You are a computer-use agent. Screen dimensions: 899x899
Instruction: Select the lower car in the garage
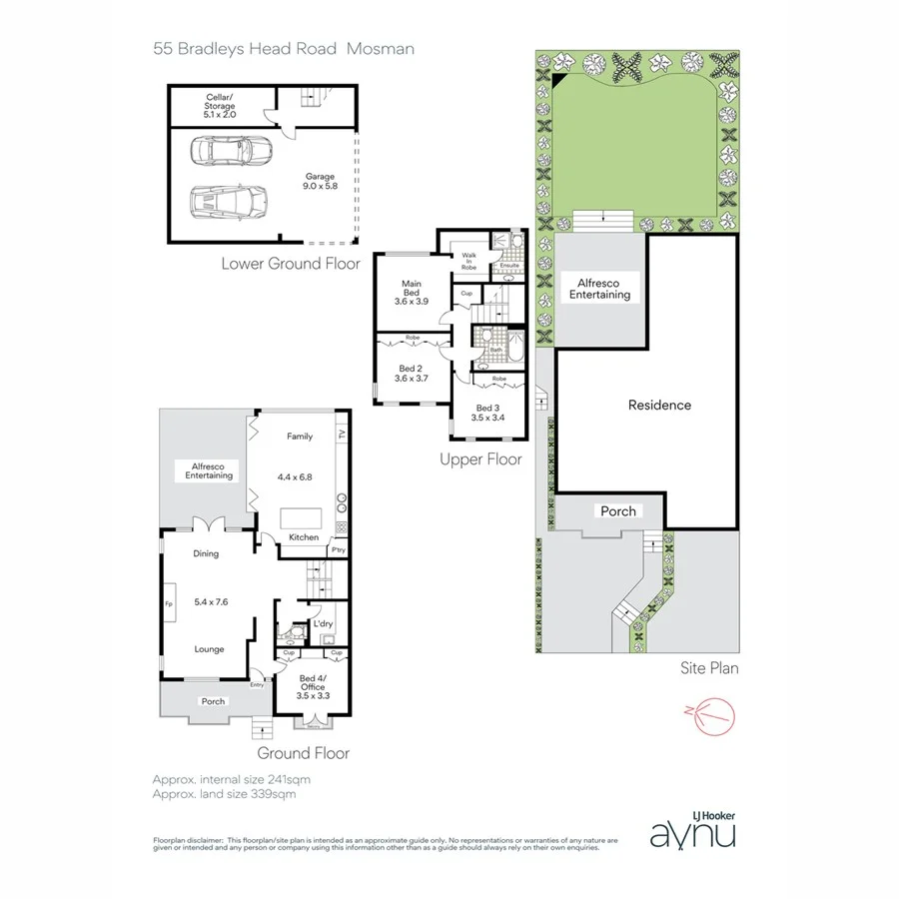[231, 203]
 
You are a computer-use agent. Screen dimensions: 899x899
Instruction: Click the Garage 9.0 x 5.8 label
[320, 182]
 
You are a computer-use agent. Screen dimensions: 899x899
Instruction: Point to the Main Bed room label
[411, 292]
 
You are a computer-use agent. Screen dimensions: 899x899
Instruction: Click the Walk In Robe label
[468, 262]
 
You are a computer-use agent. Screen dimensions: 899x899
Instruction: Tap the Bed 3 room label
[486, 413]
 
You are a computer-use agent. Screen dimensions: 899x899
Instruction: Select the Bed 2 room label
[411, 374]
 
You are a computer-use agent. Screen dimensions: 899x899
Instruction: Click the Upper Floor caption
[480, 460]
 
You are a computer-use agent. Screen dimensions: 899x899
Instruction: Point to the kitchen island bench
[303, 518]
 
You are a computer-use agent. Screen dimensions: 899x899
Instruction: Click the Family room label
[300, 437]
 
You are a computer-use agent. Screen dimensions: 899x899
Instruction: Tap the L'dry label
[323, 624]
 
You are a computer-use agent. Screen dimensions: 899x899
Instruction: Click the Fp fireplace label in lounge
[169, 603]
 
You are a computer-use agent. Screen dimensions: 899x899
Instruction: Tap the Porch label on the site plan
[617, 510]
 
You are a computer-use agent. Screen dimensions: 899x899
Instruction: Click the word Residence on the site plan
[659, 406]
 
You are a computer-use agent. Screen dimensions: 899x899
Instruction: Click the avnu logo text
[693, 832]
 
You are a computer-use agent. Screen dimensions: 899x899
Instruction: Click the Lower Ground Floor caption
[291, 264]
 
